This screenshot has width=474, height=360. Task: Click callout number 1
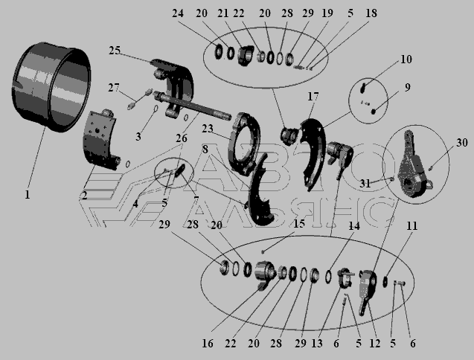pyautogui.click(x=28, y=194)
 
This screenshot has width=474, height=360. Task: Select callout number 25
pyautogui.click(x=115, y=51)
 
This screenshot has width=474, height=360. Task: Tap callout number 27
pyautogui.click(x=114, y=88)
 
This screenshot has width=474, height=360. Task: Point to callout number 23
pyautogui.click(x=208, y=129)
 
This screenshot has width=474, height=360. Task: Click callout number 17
pyautogui.click(x=313, y=97)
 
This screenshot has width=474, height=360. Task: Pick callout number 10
pyautogui.click(x=406, y=60)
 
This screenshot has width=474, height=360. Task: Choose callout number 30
pyautogui.click(x=462, y=142)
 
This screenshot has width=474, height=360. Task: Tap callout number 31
pyautogui.click(x=365, y=184)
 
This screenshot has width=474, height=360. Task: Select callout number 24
pyautogui.click(x=178, y=13)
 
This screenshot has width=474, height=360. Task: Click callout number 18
pyautogui.click(x=371, y=13)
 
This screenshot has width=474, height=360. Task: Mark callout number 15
pyautogui.click(x=299, y=224)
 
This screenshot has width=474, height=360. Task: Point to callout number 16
pyautogui.click(x=208, y=344)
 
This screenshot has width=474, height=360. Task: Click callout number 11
pyautogui.click(x=411, y=226)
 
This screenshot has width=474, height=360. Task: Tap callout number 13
pyautogui.click(x=317, y=344)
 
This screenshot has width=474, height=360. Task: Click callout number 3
pyautogui.click(x=138, y=137)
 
